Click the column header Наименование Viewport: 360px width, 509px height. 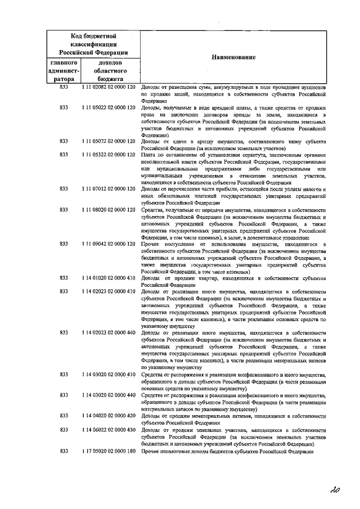pos(233,58)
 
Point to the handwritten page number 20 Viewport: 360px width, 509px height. pos(336,490)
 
